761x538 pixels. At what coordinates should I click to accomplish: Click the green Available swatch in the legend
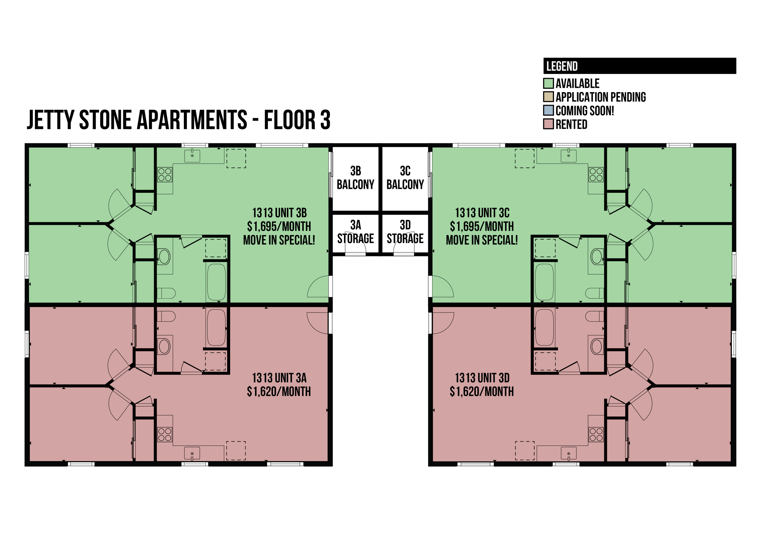pos(549,83)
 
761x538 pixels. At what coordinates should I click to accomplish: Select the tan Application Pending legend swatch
pos(549,97)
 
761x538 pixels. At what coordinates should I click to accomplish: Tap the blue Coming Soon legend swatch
pos(549,110)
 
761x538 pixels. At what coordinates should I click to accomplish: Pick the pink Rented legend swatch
pos(549,124)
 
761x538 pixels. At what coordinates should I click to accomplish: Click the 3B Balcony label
pos(356,178)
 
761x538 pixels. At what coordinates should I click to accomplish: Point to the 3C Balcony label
pos(405,178)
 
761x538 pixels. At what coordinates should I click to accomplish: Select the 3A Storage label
pos(356,232)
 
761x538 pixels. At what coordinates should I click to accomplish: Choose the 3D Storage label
pos(405,232)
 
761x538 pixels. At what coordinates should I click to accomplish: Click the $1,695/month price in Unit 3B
pos(279,226)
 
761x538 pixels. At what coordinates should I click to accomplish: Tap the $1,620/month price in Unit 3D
pos(482,392)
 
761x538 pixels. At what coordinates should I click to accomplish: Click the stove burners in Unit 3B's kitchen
pos(165,175)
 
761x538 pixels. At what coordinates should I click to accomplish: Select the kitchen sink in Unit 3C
pos(569,155)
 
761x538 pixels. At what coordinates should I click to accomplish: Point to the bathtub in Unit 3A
pos(216,327)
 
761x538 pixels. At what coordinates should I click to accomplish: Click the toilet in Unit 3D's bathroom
pos(594,316)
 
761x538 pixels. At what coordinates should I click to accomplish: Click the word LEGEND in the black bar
pos(562,66)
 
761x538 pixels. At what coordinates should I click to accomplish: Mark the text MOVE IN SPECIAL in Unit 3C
pos(482,240)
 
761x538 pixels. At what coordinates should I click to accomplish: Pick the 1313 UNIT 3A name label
pos(279,378)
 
